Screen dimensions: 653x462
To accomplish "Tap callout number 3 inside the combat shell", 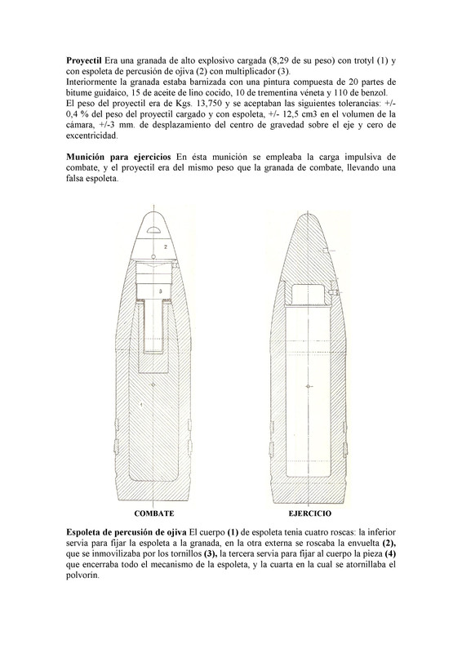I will tap(160, 290).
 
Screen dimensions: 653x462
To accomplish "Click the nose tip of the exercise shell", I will tap(305, 204).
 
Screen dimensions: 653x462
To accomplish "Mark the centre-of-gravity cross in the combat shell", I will tap(155, 384).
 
